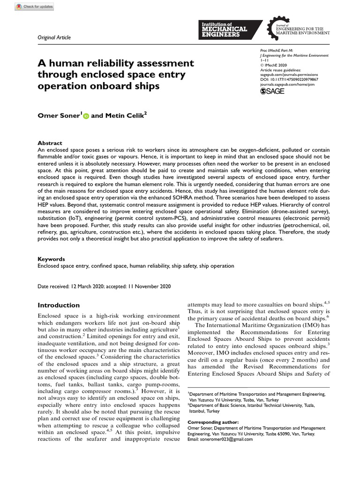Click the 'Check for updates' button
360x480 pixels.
(33, 7)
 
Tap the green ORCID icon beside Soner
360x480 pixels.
(86, 116)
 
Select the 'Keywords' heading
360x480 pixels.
(51, 259)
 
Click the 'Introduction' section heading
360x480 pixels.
(59, 305)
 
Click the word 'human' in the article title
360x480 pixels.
(66, 63)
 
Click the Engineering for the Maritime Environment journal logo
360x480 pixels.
(298, 28)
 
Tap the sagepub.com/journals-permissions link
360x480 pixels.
(288, 75)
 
